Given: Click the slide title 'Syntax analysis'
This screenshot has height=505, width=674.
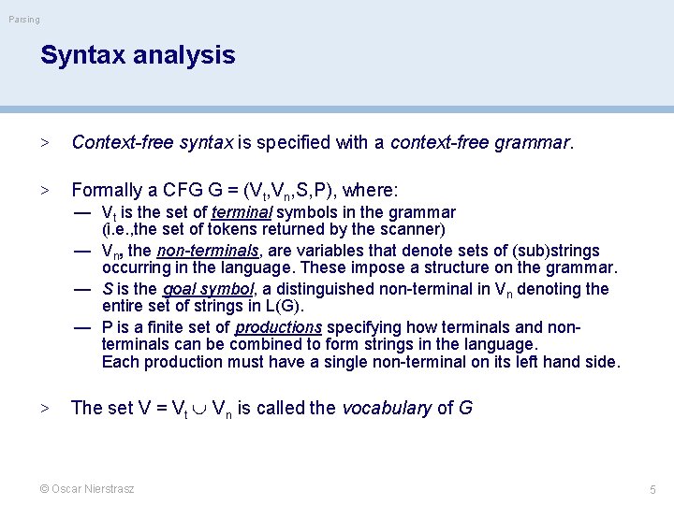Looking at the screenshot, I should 138,55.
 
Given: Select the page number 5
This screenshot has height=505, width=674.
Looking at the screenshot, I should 653,489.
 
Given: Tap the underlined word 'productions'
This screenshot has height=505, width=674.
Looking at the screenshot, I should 278,327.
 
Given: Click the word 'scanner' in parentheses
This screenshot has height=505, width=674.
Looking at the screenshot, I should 412,229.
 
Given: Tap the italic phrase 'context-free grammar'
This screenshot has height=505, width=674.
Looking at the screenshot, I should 479,143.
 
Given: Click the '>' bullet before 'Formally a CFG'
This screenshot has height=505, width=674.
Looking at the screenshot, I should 43,191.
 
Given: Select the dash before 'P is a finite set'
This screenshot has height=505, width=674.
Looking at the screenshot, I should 83,327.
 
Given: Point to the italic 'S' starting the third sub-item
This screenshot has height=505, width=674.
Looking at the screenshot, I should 108,289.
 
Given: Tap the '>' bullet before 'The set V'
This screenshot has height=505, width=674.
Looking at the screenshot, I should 43,408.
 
